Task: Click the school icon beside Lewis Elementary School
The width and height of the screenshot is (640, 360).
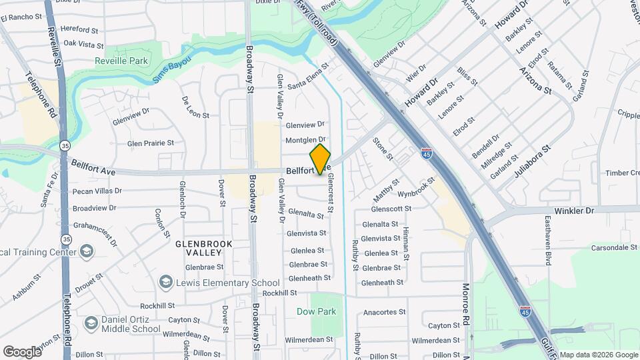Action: (166, 283)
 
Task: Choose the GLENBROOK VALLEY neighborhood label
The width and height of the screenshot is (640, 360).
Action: (204, 248)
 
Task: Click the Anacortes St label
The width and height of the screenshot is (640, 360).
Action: (384, 311)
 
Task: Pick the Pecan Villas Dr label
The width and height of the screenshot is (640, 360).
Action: (99, 191)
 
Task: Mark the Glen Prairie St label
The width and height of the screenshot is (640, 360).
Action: (151, 143)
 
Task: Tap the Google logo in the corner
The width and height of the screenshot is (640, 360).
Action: (22, 351)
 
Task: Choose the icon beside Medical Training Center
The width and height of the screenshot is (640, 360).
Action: (86, 251)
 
